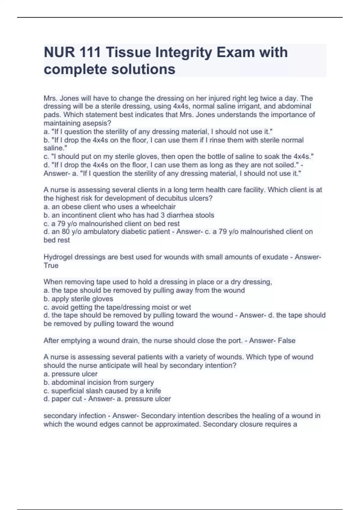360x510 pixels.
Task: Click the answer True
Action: click(x=51, y=265)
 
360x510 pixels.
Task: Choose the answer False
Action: click(x=286, y=340)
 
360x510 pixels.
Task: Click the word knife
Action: click(x=153, y=391)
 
